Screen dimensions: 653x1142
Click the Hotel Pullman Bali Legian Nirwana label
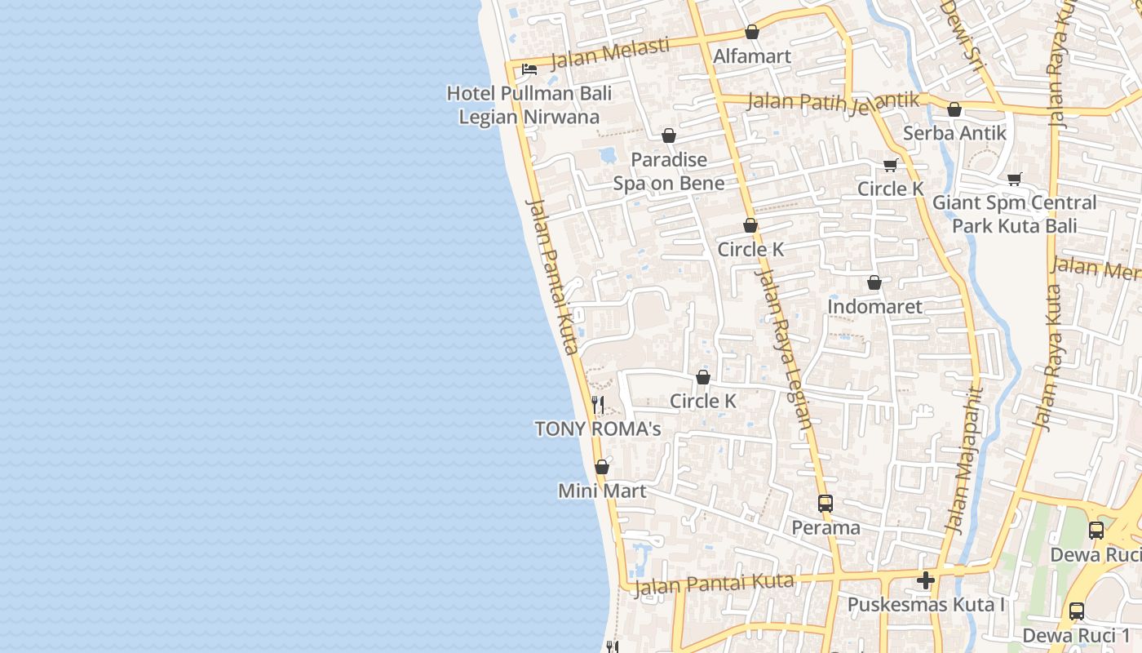click(x=529, y=105)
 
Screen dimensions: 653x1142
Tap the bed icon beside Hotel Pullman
click(x=529, y=69)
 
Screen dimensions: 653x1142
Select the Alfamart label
click(x=752, y=56)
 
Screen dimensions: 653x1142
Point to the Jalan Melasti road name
click(x=610, y=53)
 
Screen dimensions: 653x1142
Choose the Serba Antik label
click(x=954, y=133)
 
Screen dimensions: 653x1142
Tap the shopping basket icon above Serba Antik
click(x=954, y=109)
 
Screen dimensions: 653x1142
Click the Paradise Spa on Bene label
click(x=669, y=171)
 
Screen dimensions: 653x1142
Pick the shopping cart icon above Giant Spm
click(x=1015, y=179)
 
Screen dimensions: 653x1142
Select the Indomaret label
click(x=874, y=307)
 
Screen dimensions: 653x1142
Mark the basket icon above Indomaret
click(x=874, y=283)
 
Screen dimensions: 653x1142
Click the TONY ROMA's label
click(x=597, y=429)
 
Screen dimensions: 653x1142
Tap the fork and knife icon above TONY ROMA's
click(x=597, y=404)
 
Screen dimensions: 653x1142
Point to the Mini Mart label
click(x=602, y=491)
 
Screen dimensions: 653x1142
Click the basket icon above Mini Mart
click(x=602, y=468)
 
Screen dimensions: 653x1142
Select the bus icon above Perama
click(x=826, y=504)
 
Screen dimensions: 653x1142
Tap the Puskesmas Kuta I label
click(x=926, y=605)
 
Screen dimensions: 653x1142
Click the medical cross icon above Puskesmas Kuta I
click(x=926, y=580)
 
